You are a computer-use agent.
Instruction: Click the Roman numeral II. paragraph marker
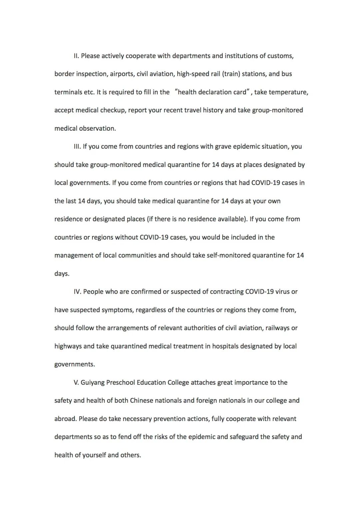76,56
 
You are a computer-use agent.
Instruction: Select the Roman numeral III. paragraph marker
77,146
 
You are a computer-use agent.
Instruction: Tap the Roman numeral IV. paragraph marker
77,292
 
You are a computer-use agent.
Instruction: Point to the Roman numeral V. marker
76,382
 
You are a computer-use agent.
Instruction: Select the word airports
121,74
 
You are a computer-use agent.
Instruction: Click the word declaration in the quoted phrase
215,92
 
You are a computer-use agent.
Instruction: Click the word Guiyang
93,382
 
